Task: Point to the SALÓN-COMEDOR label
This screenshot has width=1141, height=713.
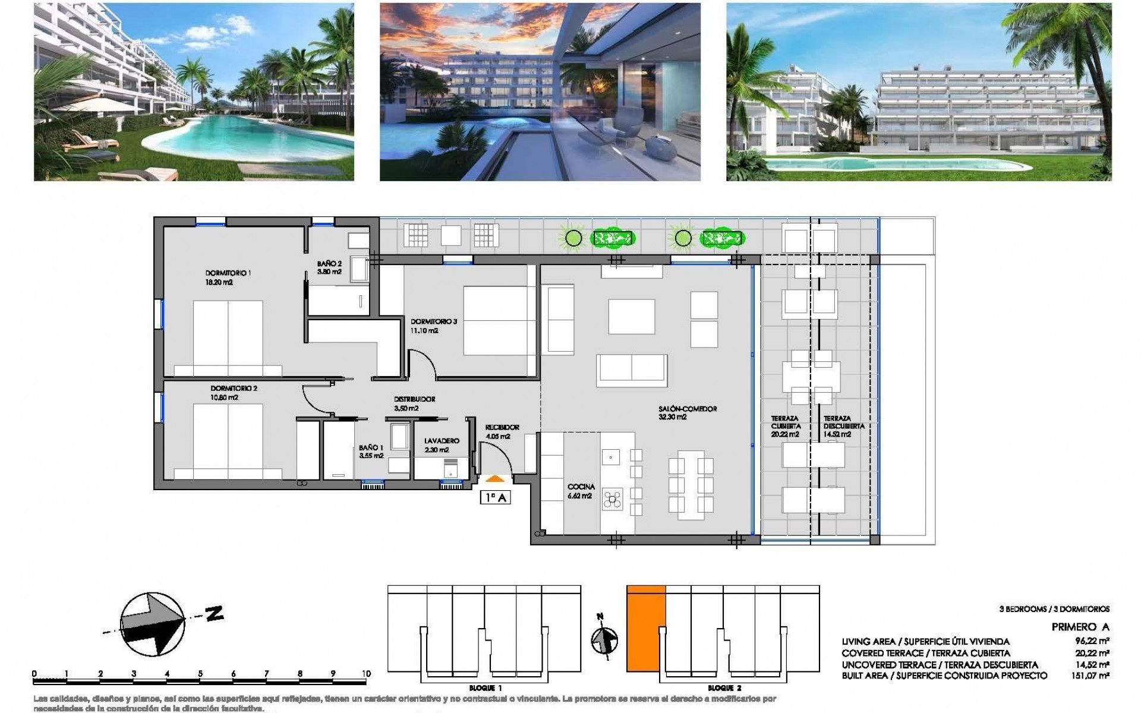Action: point(688,409)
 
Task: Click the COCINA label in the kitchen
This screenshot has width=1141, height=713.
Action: point(581,487)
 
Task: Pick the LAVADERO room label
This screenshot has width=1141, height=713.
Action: point(441,441)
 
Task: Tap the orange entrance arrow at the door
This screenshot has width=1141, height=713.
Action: point(495,477)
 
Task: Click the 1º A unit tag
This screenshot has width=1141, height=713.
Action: point(495,498)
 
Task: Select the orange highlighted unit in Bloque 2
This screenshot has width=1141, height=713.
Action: point(645,636)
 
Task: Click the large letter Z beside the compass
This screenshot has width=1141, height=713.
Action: point(213,614)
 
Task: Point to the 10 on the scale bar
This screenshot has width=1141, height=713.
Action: point(365,674)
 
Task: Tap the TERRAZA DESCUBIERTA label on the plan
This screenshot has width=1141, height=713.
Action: point(843,422)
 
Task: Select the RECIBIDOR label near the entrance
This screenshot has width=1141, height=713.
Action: point(502,427)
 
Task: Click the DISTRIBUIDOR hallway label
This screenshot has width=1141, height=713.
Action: point(414,399)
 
